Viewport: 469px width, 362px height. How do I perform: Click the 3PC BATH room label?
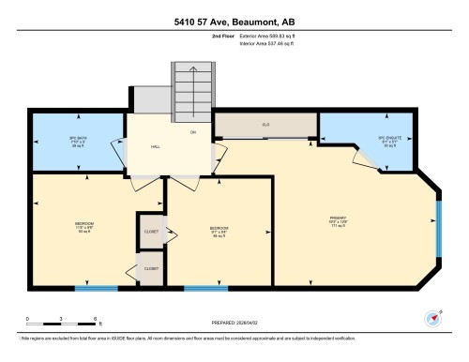[78, 142]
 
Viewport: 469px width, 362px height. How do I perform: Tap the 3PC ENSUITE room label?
[388, 142]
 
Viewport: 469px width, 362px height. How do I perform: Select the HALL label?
[157, 147]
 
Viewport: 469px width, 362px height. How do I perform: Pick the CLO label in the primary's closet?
[265, 124]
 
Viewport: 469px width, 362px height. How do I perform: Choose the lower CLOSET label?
[150, 268]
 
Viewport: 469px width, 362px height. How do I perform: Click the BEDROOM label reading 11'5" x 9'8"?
[84, 226]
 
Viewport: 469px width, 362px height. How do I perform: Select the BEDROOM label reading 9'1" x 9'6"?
[218, 231]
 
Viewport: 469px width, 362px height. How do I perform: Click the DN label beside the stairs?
[193, 132]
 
